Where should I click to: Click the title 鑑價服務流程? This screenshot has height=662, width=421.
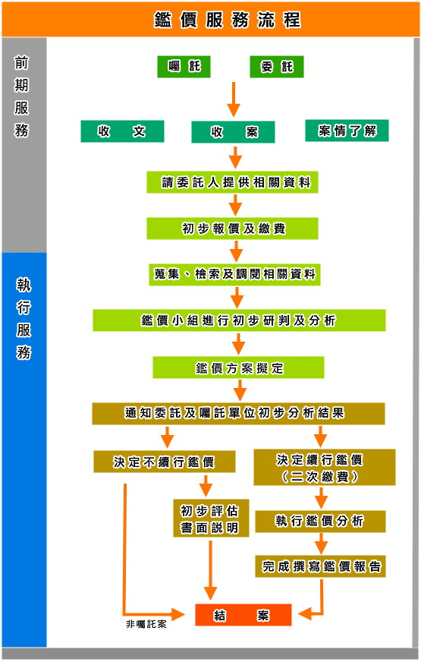pyautogui.click(x=228, y=20)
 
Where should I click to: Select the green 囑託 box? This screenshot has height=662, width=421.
pyautogui.click(x=184, y=67)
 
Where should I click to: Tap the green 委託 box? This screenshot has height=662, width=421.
pyautogui.click(x=277, y=67)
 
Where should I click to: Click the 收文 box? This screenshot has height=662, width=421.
pyautogui.click(x=122, y=131)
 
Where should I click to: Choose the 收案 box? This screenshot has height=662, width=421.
pyautogui.click(x=234, y=132)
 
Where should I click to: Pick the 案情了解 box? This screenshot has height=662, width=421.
pyautogui.click(x=347, y=131)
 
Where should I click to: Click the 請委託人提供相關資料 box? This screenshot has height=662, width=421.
pyautogui.click(x=232, y=182)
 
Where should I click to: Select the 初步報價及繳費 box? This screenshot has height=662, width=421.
pyautogui.click(x=232, y=229)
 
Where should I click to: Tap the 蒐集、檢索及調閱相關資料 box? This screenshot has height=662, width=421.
pyautogui.click(x=234, y=274)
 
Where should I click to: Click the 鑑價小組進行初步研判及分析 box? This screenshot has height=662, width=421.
pyautogui.click(x=239, y=320)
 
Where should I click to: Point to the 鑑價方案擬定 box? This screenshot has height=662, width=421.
pyautogui.click(x=238, y=367)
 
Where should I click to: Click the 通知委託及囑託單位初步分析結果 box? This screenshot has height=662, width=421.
pyautogui.click(x=238, y=413)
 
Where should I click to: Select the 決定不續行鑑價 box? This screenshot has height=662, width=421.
pyautogui.click(x=164, y=462)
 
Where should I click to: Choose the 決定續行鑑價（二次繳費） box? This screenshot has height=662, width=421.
pyautogui.click(x=325, y=468)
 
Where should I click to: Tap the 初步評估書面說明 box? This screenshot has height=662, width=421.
pyautogui.click(x=211, y=519)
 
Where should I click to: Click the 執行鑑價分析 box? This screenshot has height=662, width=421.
pyautogui.click(x=320, y=522)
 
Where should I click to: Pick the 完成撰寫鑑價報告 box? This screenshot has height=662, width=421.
pyautogui.click(x=320, y=566)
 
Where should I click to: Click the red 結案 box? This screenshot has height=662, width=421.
pyautogui.click(x=243, y=615)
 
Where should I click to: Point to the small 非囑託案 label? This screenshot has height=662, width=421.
pyautogui.click(x=146, y=624)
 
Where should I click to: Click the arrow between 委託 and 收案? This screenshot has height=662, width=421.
pyautogui.click(x=234, y=99)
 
